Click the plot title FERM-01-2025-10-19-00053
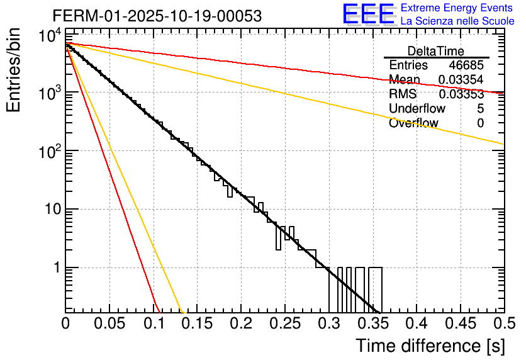click(x=148, y=15)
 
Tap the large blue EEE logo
click(x=368, y=14)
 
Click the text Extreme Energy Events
click(x=457, y=8)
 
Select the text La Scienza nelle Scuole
click(x=457, y=21)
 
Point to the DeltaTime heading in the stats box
click(x=436, y=51)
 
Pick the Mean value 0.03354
click(x=461, y=80)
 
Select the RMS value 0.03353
click(x=461, y=94)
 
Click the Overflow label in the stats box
click(x=414, y=123)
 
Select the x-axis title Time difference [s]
click(x=429, y=346)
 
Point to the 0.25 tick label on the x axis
click(x=240, y=324)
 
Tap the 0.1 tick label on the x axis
click(x=153, y=324)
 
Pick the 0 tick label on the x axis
click(x=65, y=324)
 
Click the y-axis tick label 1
click(x=54, y=267)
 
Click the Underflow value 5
click(x=480, y=109)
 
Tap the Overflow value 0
click(x=480, y=123)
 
